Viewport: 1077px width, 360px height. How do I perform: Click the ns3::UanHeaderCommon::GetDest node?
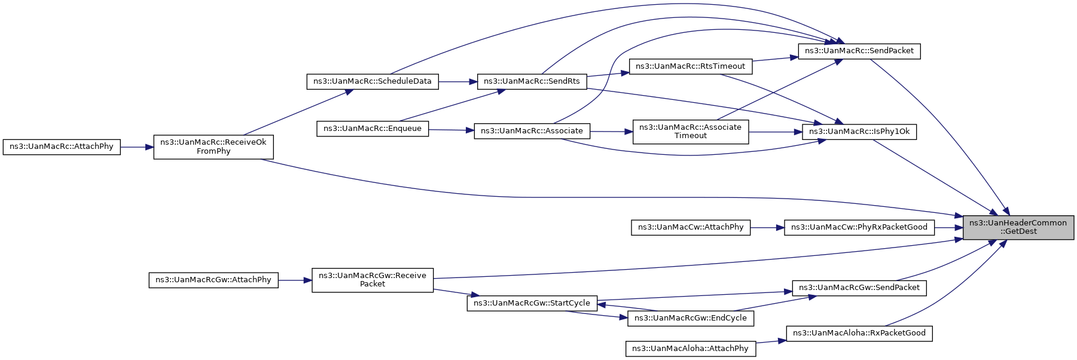click(x=1018, y=227)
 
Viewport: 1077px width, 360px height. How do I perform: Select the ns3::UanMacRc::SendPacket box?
click(x=859, y=51)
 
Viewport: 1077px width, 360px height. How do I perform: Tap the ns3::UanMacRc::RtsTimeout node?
click(x=691, y=66)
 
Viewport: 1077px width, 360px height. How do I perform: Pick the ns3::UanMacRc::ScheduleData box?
click(x=373, y=81)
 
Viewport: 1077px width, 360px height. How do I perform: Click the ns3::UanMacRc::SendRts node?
click(x=532, y=81)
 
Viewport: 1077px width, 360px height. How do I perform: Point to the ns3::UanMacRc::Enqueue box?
click(x=373, y=129)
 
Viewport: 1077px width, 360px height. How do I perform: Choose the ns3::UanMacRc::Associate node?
click(x=532, y=131)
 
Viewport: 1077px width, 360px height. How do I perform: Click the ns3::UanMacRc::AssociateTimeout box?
click(x=691, y=132)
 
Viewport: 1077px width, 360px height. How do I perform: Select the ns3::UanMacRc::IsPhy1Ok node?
click(x=859, y=132)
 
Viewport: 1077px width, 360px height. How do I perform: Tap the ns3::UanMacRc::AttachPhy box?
click(x=62, y=147)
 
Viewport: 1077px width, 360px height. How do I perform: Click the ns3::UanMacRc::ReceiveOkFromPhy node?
click(x=213, y=147)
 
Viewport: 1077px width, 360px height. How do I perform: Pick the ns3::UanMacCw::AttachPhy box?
click(x=691, y=227)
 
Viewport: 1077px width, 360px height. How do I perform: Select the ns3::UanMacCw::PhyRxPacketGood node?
click(x=859, y=227)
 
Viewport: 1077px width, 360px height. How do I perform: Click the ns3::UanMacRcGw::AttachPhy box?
click(x=213, y=280)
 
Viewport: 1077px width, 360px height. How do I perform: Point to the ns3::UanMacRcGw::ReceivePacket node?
click(x=373, y=280)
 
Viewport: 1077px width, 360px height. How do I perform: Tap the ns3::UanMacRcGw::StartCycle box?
click(x=532, y=303)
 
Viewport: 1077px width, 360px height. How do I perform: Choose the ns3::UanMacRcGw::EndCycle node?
click(x=691, y=318)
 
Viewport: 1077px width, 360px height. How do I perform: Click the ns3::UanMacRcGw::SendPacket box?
click(x=859, y=288)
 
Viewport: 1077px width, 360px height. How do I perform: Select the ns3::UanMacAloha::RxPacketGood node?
click(x=859, y=333)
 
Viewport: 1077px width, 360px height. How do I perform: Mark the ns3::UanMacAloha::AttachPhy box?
click(x=691, y=349)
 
